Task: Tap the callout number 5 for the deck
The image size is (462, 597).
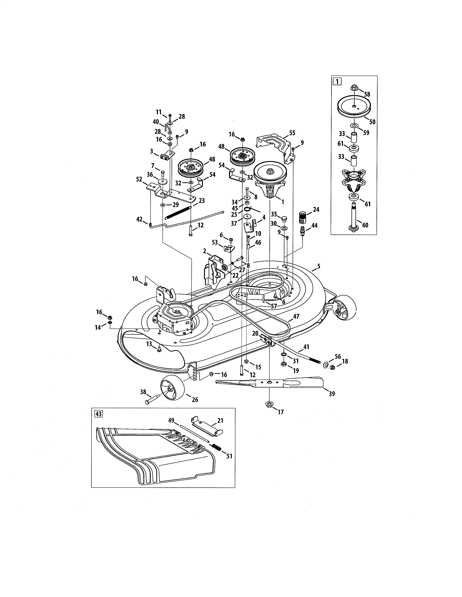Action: pos(318,266)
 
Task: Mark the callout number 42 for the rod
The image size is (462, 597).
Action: pos(139,219)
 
